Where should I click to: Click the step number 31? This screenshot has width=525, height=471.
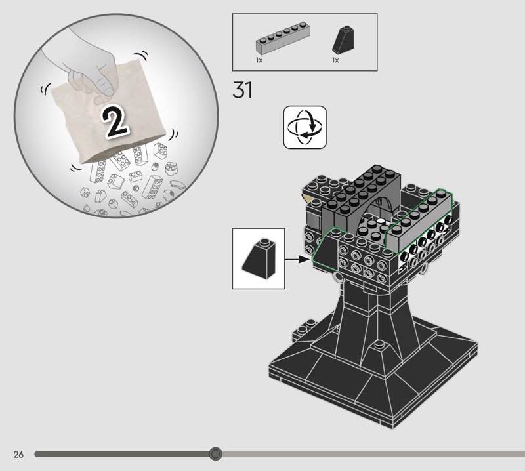pos(242,90)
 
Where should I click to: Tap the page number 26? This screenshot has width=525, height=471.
pos(19,454)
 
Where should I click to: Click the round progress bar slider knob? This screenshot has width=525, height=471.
pos(215,453)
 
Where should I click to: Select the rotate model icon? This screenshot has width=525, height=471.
pos(304,127)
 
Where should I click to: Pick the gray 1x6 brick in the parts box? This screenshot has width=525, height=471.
pos(283,37)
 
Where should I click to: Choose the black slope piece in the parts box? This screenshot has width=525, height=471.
pos(343,40)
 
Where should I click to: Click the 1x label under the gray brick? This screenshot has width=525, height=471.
pos(259,60)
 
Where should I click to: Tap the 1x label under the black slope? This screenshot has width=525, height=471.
pos(335,60)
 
